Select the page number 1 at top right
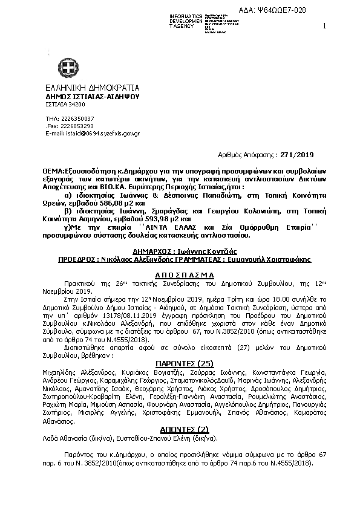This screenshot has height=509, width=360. pos(324,26)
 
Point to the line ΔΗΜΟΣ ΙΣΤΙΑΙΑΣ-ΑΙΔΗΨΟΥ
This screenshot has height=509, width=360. pos(92,96)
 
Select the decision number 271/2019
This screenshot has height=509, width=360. pos(300,155)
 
